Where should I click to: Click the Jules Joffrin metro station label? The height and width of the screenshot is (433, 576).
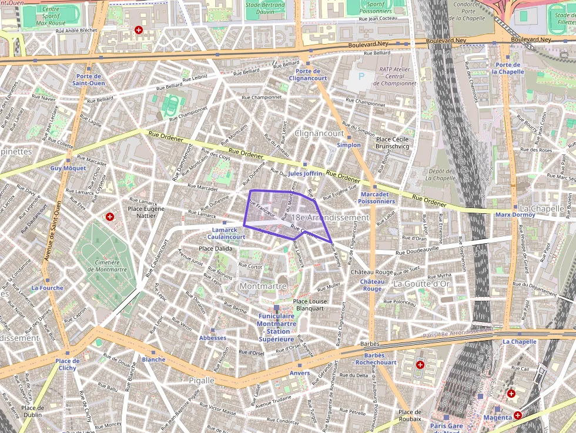[x=305, y=173]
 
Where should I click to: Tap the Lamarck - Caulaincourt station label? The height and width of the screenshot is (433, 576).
[x=226, y=233]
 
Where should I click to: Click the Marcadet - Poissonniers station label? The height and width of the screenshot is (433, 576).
[x=375, y=197]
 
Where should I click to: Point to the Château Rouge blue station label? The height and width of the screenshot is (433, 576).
[x=372, y=285]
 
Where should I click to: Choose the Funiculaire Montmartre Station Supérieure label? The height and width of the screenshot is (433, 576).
[x=276, y=327]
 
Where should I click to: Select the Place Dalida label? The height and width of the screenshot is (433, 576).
[x=216, y=249]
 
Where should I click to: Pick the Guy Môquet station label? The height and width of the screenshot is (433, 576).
[x=68, y=168]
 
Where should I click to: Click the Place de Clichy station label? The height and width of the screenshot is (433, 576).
[x=68, y=364]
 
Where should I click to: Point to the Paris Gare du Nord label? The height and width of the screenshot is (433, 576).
[x=446, y=426]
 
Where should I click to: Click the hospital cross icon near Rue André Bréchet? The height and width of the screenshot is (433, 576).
[x=139, y=29]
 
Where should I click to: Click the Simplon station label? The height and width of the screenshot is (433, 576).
[x=349, y=145]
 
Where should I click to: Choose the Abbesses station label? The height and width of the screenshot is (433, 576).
[x=212, y=338]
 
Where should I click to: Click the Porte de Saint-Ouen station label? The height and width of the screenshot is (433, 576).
[x=88, y=79]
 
